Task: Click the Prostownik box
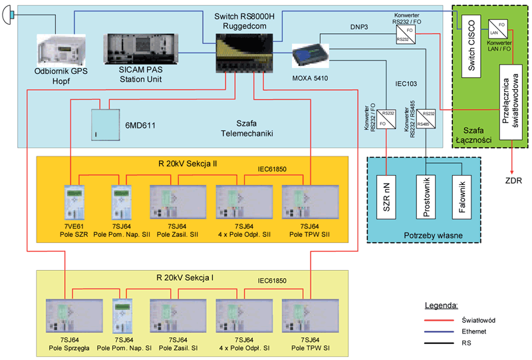pos(427,196)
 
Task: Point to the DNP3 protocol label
pos(359,27)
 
